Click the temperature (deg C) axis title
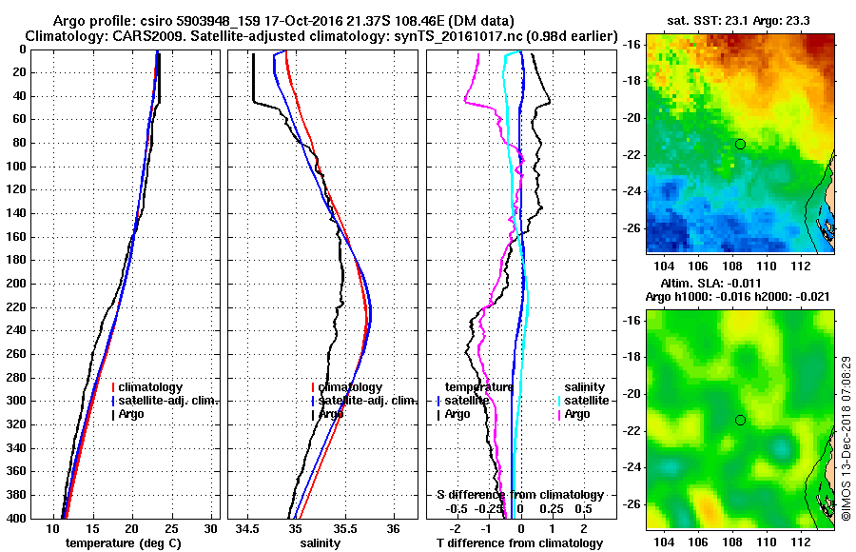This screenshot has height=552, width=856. pos(123,543)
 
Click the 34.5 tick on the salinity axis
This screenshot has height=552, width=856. pos(248,528)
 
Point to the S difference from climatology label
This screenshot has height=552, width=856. pos(520,495)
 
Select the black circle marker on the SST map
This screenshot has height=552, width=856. pos(740,144)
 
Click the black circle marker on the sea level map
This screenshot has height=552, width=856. pos(740,420)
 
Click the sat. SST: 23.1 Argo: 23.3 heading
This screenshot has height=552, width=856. pos(739,21)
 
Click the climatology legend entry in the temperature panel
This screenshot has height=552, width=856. pos(153,387)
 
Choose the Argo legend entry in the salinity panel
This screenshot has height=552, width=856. pos(331,414)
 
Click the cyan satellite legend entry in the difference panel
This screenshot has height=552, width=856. pos(586,401)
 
